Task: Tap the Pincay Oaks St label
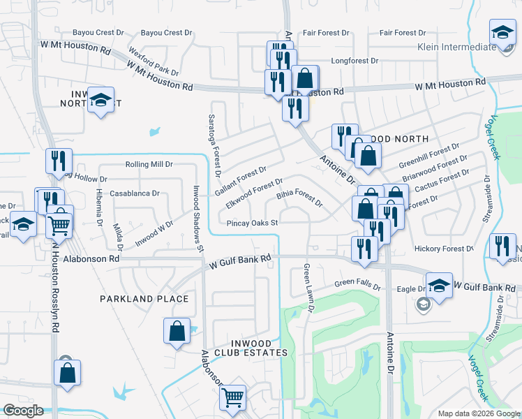pos(253,223)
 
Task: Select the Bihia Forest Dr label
pos(299,198)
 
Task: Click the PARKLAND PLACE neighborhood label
pos(144,299)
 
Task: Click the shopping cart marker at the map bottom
pos(233,397)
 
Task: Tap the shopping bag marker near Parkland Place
pos(177,330)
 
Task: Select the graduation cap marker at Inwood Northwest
pos(102,101)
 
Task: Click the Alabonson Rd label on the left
pos(91,258)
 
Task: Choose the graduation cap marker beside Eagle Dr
pos(439,285)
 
